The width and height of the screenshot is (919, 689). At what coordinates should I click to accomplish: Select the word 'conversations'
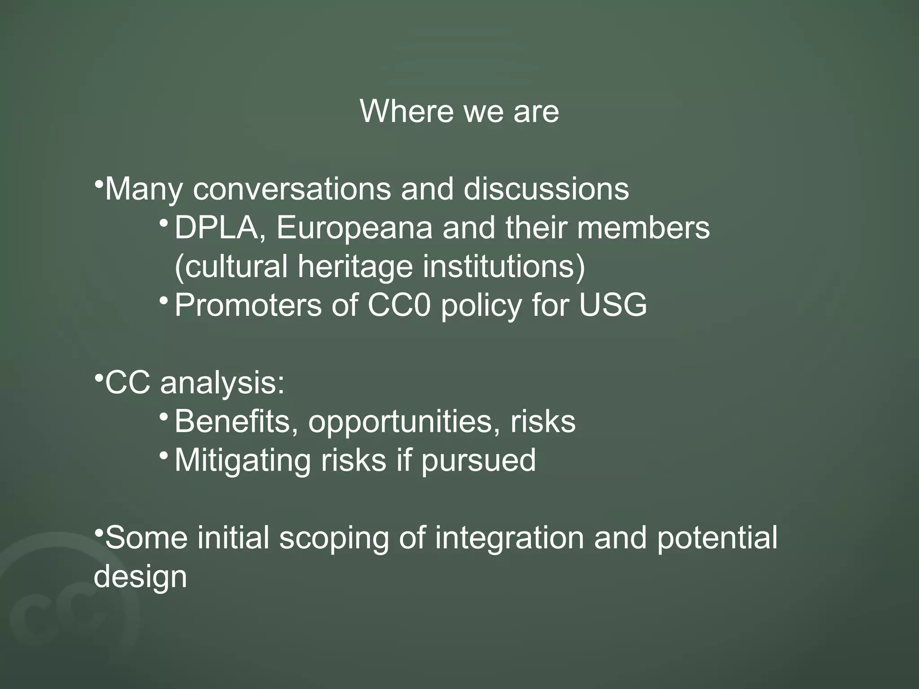[x=292, y=189]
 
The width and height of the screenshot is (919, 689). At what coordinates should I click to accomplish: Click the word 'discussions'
[x=546, y=189]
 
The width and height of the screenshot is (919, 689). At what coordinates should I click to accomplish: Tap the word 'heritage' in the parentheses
[x=354, y=266]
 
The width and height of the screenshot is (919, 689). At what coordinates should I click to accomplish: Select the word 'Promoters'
[x=248, y=305]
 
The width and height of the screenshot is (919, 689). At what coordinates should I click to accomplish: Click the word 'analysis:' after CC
[x=222, y=384]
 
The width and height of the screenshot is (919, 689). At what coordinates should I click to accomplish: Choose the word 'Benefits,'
[x=236, y=422]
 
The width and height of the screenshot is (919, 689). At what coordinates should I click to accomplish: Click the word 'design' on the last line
[x=140, y=576]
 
